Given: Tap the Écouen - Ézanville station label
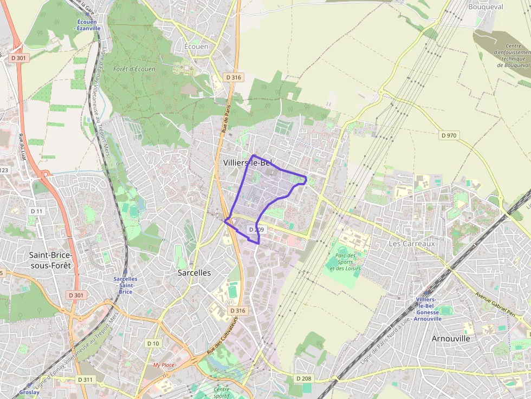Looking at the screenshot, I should point(88,25).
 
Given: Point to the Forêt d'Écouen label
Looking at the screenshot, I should point(134,69).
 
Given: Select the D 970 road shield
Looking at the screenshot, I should point(449,135).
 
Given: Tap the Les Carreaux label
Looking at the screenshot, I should point(412,244).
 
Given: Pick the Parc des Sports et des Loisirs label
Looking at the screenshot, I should point(345,262).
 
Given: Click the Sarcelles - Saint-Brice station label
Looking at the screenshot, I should point(125,285).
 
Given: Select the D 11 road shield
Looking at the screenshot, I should point(36,211).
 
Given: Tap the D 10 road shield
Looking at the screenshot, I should point(153,343).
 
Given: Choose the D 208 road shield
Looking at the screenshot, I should point(304,378).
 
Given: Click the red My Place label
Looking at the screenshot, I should point(164,365).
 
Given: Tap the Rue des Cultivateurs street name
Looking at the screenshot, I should point(223,337).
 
